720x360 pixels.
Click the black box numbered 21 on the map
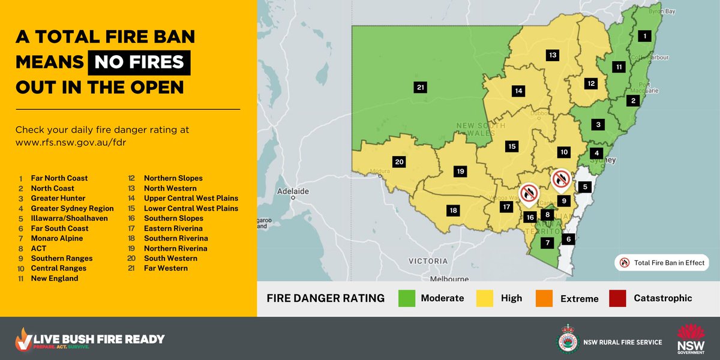coord(421,88)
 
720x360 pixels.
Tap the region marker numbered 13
coord(553,55)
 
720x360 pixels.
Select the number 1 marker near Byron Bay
coord(645,36)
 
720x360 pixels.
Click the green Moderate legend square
coord(406,298)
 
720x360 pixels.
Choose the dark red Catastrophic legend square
coord(618,298)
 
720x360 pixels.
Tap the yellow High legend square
coord(485,298)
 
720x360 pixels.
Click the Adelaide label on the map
coord(292,191)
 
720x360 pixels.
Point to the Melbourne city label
coord(449,280)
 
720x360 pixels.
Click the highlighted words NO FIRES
coord(139,63)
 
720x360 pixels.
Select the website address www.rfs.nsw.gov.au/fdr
coord(71,143)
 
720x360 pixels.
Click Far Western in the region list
coord(166,268)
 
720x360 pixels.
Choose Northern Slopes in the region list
coord(173,178)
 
